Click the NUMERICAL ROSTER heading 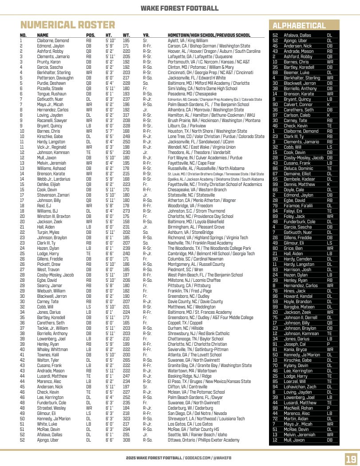[x=67, y=25]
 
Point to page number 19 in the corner [x=351, y=458]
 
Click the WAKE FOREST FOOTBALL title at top [x=179, y=8]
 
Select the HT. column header [x=109, y=35]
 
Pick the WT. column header [x=126, y=35]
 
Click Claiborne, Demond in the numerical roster [x=53, y=40]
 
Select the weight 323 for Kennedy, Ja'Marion [x=126, y=419]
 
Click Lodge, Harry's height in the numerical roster [x=110, y=254]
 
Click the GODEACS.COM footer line [x=179, y=457]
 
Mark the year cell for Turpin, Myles [x=146, y=232]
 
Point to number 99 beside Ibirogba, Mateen [x=275, y=307]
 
